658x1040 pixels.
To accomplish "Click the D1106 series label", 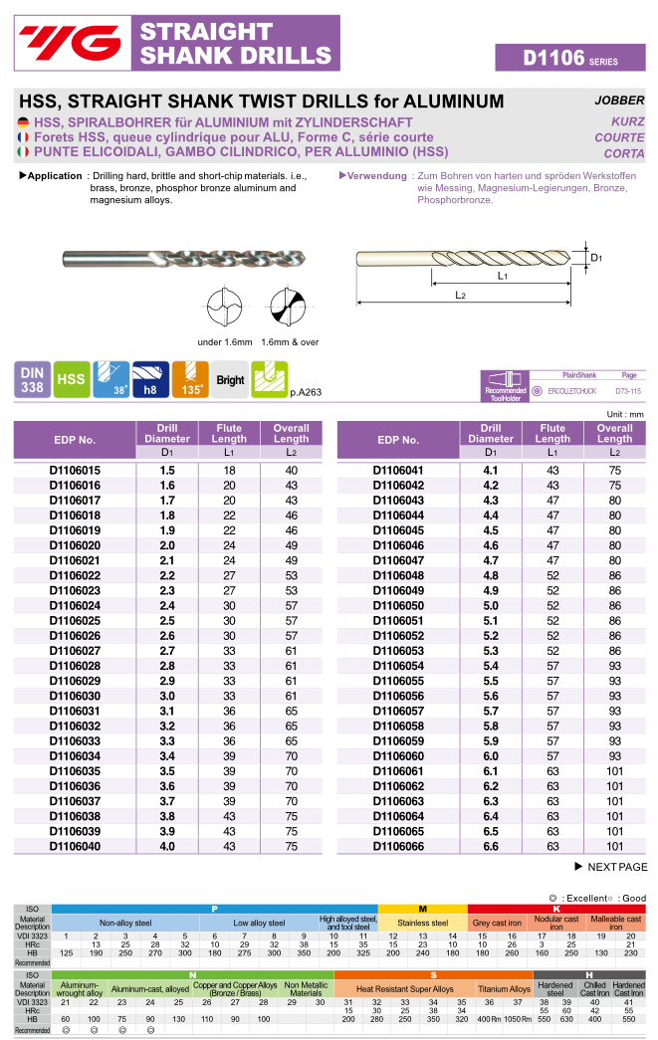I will [x=570, y=58].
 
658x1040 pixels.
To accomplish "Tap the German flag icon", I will [x=24, y=122].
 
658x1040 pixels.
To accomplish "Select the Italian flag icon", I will [x=24, y=152].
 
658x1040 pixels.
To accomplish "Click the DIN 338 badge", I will [x=32, y=379].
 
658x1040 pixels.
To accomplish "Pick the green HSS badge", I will [x=71, y=379].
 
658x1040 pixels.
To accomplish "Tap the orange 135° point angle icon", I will [x=190, y=379].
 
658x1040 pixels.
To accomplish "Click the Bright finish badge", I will [x=230, y=379].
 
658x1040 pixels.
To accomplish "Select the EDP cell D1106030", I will [x=76, y=696].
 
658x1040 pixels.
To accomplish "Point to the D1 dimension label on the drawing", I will [x=596, y=258].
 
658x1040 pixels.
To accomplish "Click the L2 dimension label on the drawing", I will [x=462, y=296].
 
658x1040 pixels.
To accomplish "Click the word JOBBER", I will [x=619, y=101].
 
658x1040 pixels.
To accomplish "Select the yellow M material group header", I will [x=422, y=909].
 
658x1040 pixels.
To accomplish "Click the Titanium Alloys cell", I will [x=505, y=989].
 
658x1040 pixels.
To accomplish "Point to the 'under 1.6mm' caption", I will [x=223, y=341].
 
